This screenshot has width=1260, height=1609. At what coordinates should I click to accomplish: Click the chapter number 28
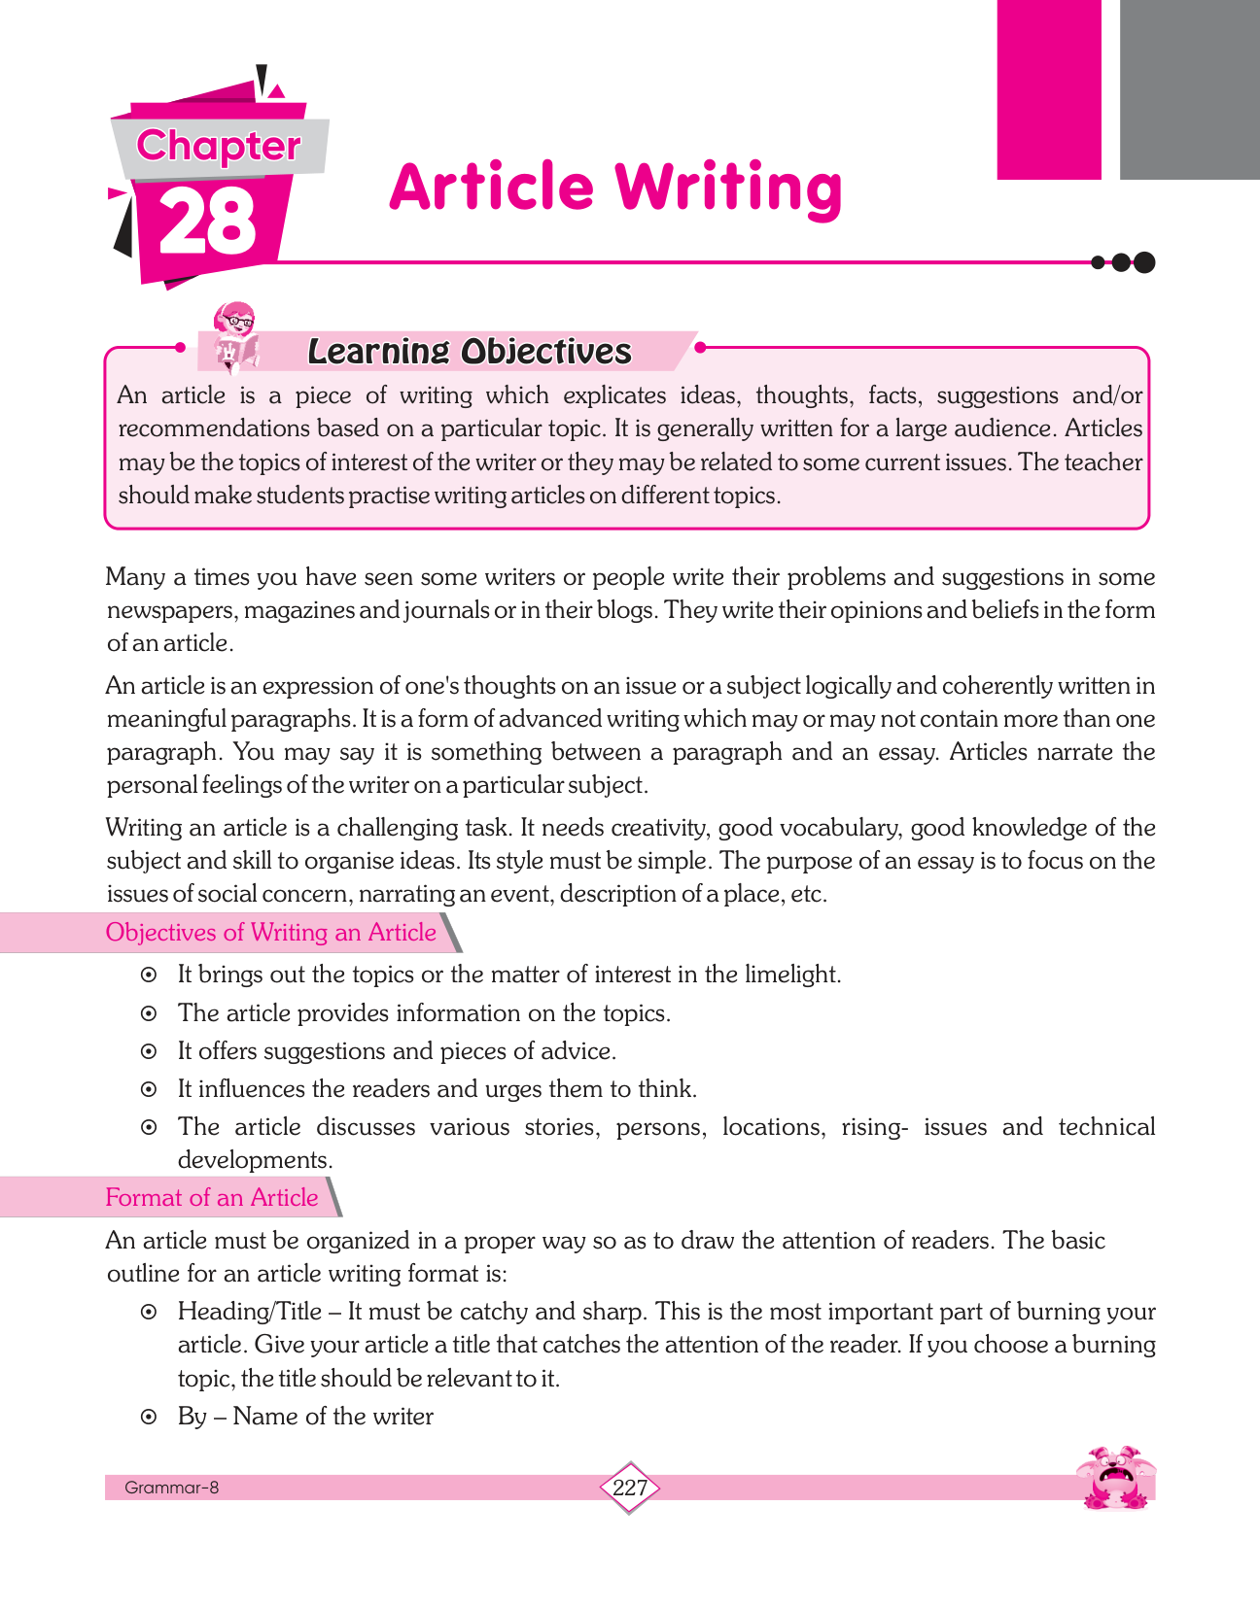pyautogui.click(x=207, y=222)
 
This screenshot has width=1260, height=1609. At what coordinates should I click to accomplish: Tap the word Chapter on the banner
pyautogui.click(x=219, y=146)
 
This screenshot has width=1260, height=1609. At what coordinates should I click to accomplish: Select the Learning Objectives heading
pyautogui.click(x=470, y=352)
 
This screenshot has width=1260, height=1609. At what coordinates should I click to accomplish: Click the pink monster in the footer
pyautogui.click(x=1117, y=1479)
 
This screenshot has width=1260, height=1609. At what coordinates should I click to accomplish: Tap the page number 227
pyautogui.click(x=630, y=1487)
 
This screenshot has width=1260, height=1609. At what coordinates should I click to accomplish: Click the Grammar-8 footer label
pyautogui.click(x=171, y=1488)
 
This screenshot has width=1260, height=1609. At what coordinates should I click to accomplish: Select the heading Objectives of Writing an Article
pyautogui.click(x=270, y=933)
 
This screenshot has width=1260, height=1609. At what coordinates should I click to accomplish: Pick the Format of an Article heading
pyautogui.click(x=211, y=1197)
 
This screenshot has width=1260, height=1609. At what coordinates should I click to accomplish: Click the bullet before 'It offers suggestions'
pyautogui.click(x=149, y=1051)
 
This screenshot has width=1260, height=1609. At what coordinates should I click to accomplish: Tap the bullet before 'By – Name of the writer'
pyautogui.click(x=149, y=1417)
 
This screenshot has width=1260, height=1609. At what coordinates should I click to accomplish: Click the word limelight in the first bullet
pyautogui.click(x=791, y=975)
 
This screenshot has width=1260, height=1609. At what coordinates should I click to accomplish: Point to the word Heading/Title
pyautogui.click(x=249, y=1312)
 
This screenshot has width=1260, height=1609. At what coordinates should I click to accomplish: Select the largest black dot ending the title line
pyautogui.click(x=1144, y=262)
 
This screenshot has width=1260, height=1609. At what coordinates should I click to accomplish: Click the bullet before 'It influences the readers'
pyautogui.click(x=149, y=1089)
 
